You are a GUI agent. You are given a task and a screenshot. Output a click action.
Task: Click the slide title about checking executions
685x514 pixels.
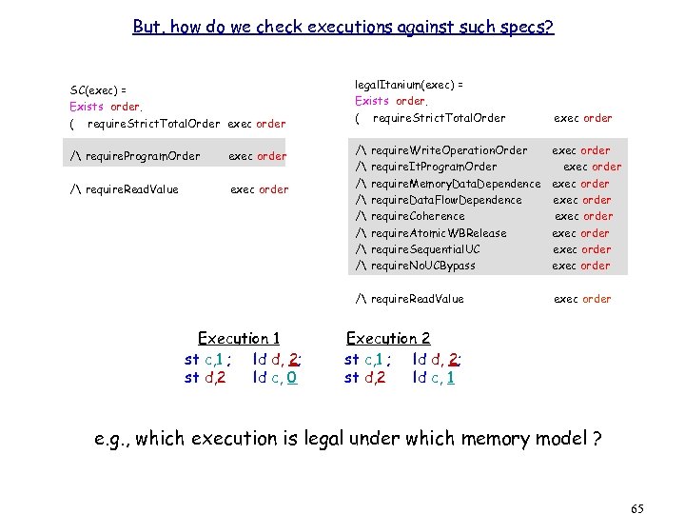tap(342, 28)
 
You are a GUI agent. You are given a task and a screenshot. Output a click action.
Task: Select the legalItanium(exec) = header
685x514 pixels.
tap(409, 84)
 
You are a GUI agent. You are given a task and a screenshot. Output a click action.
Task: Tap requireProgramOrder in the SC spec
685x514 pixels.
tap(143, 156)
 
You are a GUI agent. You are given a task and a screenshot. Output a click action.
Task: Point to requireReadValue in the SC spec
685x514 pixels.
tap(132, 188)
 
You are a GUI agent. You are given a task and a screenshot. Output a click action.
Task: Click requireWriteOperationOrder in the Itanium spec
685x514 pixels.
tap(449, 150)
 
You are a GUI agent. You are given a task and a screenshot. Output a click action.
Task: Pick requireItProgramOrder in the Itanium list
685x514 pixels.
tap(433, 167)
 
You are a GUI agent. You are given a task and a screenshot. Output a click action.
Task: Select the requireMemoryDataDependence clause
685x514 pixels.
tap(455, 184)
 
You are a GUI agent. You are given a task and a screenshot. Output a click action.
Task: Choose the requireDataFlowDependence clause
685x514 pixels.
tap(445, 200)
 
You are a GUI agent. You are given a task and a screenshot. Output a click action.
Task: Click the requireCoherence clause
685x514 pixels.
tap(418, 216)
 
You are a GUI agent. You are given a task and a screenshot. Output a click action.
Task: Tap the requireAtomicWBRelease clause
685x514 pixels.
tap(438, 233)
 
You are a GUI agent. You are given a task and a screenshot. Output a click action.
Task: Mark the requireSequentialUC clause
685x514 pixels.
tap(429, 249)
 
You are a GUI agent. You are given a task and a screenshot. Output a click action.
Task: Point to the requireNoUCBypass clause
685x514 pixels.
tap(422, 266)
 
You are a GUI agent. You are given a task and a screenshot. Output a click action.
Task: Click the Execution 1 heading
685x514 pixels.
tap(239, 338)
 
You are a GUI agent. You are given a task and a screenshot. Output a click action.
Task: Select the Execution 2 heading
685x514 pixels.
tap(388, 338)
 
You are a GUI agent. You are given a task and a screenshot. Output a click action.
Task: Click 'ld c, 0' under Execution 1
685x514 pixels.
tap(275, 377)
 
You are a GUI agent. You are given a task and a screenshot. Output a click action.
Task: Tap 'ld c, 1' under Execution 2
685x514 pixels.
tap(435, 377)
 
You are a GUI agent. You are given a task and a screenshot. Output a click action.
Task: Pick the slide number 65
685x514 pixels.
tap(636, 509)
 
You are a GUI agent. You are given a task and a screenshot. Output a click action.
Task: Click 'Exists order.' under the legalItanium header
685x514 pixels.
tap(391, 101)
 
